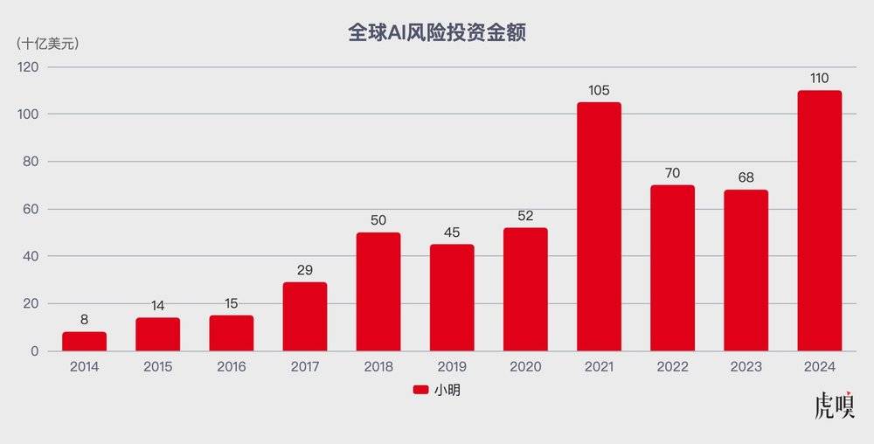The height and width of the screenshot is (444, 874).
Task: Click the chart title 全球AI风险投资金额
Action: coord(436,32)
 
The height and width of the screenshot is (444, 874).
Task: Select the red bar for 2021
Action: coord(599,227)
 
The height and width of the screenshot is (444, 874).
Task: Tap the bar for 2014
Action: coord(84,342)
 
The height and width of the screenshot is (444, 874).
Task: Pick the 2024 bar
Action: coord(819,221)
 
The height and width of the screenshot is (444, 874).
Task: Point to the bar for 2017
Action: coord(305,316)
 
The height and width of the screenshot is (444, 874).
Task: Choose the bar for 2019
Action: coord(452,297)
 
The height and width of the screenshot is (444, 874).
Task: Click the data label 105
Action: coord(599,90)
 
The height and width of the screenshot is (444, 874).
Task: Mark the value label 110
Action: coord(819,79)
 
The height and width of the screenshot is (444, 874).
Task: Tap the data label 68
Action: coord(746,178)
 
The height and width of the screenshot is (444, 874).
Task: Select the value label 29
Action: coord(305,270)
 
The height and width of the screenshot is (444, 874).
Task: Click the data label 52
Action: coord(525,216)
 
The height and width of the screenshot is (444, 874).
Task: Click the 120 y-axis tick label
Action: coord(30,67)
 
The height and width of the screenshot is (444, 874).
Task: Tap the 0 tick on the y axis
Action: coord(35,351)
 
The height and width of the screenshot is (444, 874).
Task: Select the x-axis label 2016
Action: coord(231,367)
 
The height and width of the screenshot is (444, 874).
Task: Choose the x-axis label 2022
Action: coord(672,367)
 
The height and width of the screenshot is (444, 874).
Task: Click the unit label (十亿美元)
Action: coord(48,45)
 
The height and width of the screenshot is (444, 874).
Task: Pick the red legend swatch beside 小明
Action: coord(420,391)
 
